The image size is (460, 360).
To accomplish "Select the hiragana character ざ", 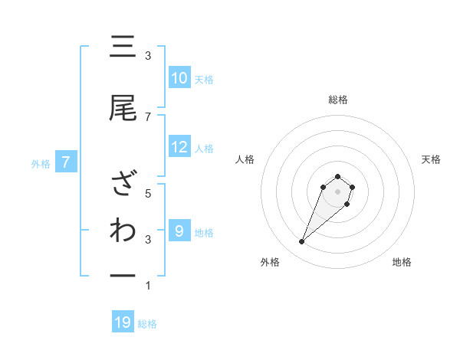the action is point(123,185).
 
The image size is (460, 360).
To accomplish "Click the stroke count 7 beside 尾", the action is point(148,116).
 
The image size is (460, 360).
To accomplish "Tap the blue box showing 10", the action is point(179,78).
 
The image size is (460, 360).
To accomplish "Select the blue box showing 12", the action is point(179,147).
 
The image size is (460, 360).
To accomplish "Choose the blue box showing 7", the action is point(66,162).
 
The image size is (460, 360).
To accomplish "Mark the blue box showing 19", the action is point(123,323).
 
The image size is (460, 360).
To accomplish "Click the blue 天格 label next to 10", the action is point(204,79).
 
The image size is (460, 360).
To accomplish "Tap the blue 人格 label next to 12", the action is point(204,148).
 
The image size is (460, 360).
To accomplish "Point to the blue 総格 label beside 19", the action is point(147,324).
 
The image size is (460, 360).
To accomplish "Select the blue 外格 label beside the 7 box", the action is point(41,163).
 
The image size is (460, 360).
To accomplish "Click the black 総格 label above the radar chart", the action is point(338,100).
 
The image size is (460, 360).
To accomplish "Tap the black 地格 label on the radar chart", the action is point(402,262).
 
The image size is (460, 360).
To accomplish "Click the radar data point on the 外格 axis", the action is point(302,242).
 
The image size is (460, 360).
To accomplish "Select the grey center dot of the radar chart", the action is point(338,191).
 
